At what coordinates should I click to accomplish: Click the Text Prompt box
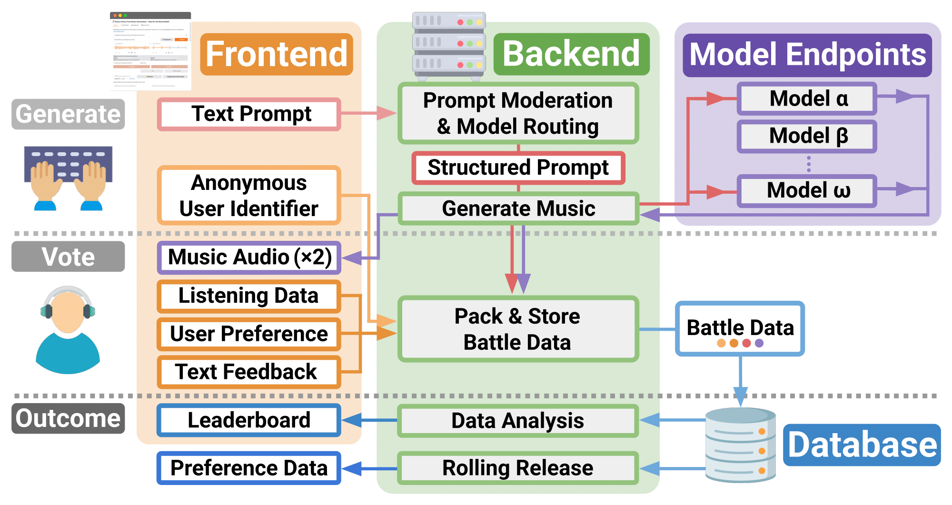(249, 114)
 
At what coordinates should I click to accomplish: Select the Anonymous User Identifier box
(249, 196)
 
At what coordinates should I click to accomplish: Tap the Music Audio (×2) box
(249, 257)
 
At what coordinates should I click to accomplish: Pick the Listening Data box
(249, 296)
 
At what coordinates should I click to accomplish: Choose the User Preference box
(249, 334)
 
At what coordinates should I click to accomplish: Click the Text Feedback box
(249, 372)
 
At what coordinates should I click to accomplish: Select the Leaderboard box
(249, 420)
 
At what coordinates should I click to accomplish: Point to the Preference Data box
(249, 468)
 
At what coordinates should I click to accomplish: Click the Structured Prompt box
(518, 168)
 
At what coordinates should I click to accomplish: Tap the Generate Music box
(518, 208)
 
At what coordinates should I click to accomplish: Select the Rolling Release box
(518, 468)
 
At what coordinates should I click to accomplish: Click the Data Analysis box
(518, 421)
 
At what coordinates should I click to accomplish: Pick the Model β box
(807, 136)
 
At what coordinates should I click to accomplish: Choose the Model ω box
(807, 191)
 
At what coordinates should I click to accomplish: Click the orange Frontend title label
(277, 54)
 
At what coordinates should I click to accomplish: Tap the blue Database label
(862, 445)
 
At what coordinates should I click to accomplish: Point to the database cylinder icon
(740, 445)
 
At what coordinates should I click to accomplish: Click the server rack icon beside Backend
(448, 46)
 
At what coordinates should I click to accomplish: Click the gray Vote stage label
(68, 257)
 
